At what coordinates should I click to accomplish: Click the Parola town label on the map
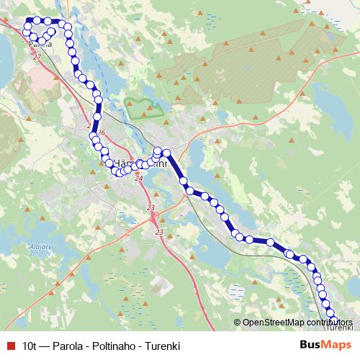(40, 44)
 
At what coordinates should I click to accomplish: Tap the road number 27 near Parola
(37, 56)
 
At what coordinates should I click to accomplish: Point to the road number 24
(139, 178)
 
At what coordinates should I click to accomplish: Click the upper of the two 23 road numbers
(151, 208)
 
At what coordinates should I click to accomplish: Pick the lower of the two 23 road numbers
(159, 232)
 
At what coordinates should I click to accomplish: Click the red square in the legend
(9, 345)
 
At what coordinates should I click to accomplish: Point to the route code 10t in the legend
(30, 345)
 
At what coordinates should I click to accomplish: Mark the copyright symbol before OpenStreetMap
(238, 323)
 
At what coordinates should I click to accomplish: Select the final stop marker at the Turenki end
(333, 313)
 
